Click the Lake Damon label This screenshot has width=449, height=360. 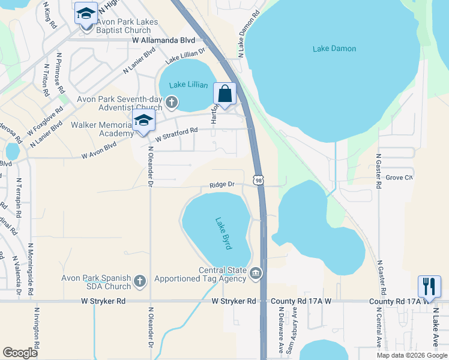pos(334,49)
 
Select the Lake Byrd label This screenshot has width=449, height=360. pos(223,234)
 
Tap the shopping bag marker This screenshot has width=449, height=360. pos(224,95)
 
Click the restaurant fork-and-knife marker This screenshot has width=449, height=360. pos(429,286)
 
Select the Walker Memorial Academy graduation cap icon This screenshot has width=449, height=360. pos(143,121)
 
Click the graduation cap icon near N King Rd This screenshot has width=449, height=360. pos(86,13)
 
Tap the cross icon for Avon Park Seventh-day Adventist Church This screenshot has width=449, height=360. pos(172,101)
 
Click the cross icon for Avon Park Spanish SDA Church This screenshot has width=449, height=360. pos(139,280)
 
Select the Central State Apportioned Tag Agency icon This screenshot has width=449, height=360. pos(256,274)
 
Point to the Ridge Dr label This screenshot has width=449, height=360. pos(221,185)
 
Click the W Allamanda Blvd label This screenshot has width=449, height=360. pos(164,40)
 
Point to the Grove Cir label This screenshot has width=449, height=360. pos(399,178)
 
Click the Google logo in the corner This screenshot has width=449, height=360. pos(20,352)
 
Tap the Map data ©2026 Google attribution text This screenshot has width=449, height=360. pos(411,355)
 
